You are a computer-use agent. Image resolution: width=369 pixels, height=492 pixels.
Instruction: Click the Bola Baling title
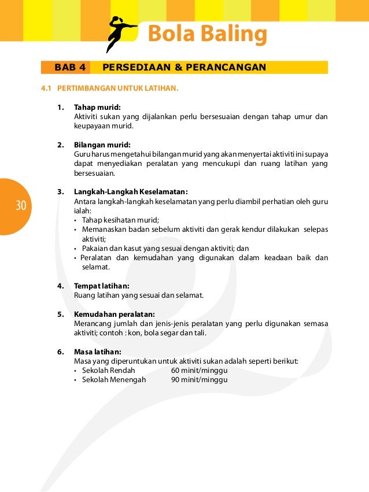[x=207, y=34]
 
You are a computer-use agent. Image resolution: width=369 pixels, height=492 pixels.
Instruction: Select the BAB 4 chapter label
[x=70, y=68]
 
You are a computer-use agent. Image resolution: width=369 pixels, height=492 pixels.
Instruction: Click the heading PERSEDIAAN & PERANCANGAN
[x=184, y=68]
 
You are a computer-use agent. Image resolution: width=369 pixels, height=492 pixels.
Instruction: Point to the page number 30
[x=21, y=206]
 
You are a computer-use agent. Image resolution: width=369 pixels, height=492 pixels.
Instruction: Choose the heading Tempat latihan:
[x=102, y=286]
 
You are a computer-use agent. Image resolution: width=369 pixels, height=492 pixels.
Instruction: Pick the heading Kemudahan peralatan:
[x=114, y=315]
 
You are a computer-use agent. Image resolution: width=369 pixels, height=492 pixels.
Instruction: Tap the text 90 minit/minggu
[x=199, y=380]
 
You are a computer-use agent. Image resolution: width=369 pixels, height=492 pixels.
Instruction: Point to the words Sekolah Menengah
[x=114, y=380]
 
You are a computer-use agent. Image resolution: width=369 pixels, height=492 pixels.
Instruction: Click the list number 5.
[x=60, y=315]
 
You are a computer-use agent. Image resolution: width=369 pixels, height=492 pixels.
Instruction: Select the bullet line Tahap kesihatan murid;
[x=120, y=220]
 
